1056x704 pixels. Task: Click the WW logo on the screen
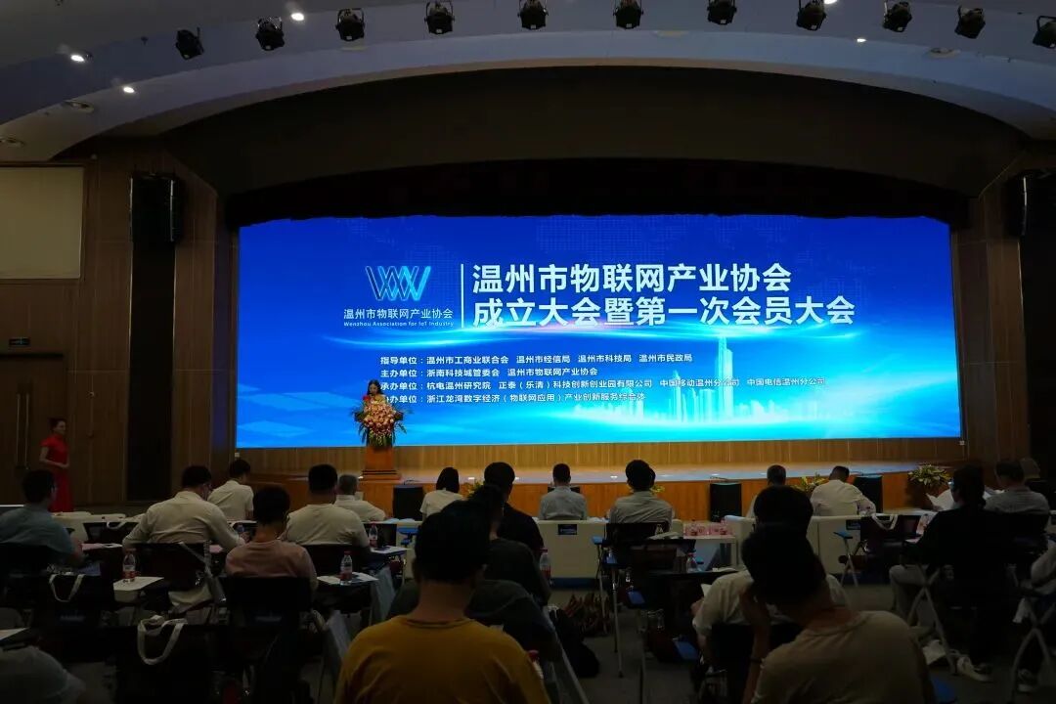click(398, 284)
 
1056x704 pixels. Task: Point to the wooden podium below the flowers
click(380, 461)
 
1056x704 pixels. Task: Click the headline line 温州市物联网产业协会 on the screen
click(632, 279)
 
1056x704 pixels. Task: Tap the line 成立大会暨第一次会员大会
click(663, 311)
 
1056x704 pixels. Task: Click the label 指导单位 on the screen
click(400, 360)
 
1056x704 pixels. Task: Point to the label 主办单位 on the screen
click(400, 373)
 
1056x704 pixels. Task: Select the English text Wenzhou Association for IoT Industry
click(398, 323)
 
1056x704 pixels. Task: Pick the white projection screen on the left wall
click(41, 222)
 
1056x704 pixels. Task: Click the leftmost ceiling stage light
click(189, 43)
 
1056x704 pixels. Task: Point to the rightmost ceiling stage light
click(1044, 32)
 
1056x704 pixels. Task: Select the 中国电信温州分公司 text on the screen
click(785, 382)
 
